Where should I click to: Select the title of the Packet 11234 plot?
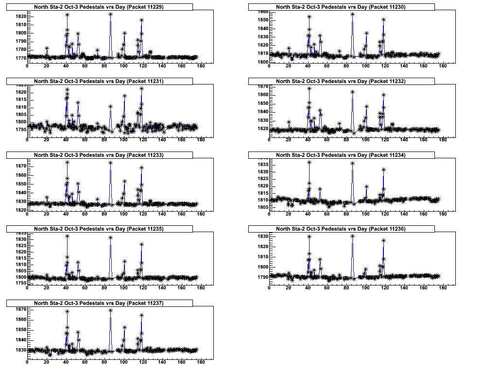tap(341, 155)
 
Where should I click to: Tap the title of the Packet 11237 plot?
tap(99, 303)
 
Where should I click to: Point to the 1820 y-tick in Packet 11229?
tap(20, 17)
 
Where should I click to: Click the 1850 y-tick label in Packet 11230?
tap(262, 20)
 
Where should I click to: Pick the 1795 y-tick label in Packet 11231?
tap(20, 130)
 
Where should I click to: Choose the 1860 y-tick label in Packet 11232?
tap(262, 95)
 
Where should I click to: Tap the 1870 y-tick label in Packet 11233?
tap(20, 166)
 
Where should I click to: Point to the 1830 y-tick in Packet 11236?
tap(262, 236)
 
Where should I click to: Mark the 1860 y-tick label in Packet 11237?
tap(20, 320)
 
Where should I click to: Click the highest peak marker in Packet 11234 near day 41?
tap(309, 162)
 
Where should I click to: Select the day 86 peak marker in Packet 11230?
tap(352, 14)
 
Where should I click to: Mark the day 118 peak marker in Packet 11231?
tap(141, 88)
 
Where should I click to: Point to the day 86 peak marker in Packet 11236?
tap(352, 236)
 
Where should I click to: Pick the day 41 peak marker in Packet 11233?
tap(67, 162)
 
